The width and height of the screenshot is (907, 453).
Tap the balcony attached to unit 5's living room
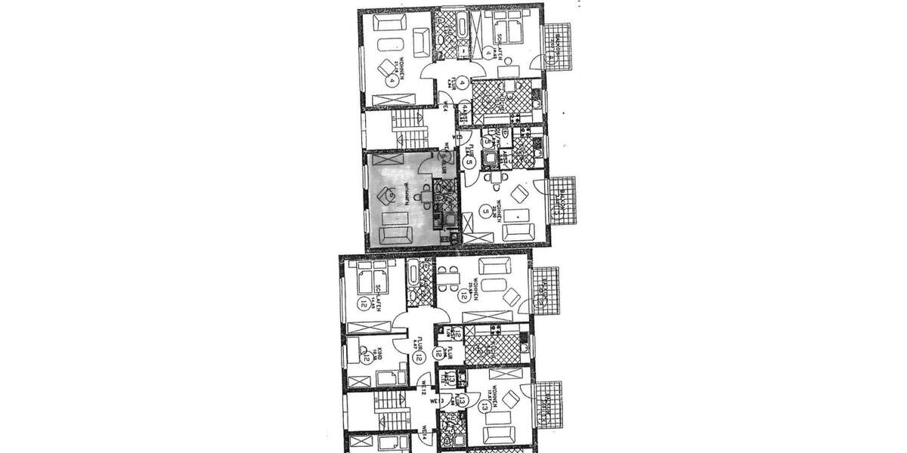point(562,199)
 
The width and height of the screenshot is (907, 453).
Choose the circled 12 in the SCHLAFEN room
point(365,304)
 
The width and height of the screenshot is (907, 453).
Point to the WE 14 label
point(424,436)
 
